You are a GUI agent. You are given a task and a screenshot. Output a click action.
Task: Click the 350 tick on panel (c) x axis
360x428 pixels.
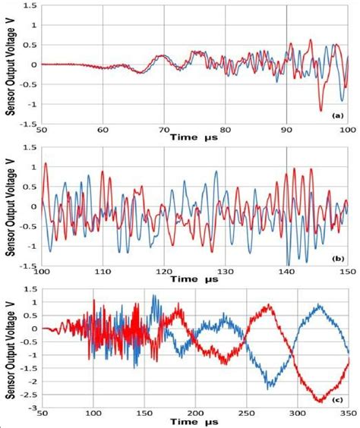(x=346, y=418)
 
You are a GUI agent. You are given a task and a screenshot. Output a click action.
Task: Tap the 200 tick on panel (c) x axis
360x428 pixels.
(x=194, y=418)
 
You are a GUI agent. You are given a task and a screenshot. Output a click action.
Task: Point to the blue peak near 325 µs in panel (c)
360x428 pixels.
(x=321, y=305)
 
